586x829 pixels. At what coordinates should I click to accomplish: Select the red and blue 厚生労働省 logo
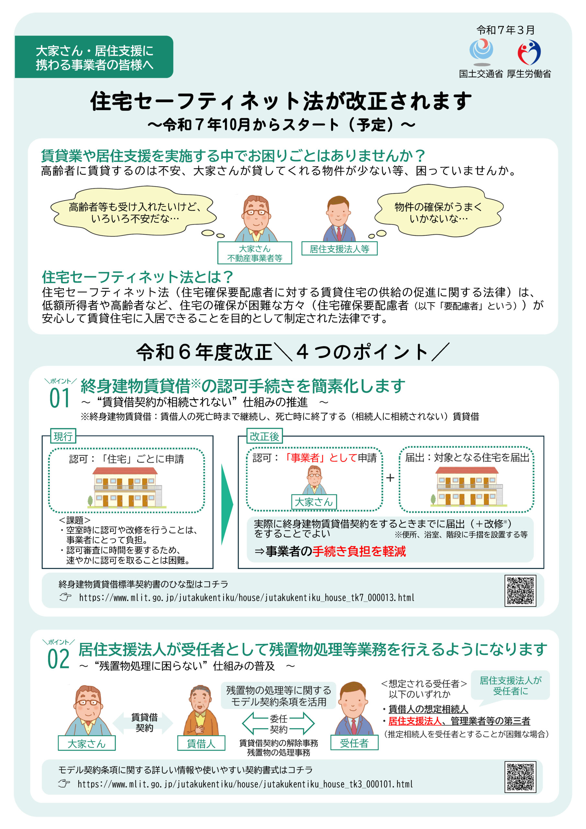click(x=529, y=52)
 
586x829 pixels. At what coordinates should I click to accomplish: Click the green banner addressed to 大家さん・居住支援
click(x=94, y=57)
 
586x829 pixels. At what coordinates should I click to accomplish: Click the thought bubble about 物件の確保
click(x=439, y=211)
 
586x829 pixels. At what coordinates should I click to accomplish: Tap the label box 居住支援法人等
click(x=339, y=249)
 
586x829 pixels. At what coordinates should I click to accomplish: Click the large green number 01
click(x=60, y=399)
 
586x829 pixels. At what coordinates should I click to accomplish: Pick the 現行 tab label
click(x=63, y=437)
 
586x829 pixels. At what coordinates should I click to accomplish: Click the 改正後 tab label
click(x=264, y=437)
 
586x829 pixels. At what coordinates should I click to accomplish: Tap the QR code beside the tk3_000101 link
click(x=520, y=777)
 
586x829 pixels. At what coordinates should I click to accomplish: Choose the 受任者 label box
click(x=354, y=743)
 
